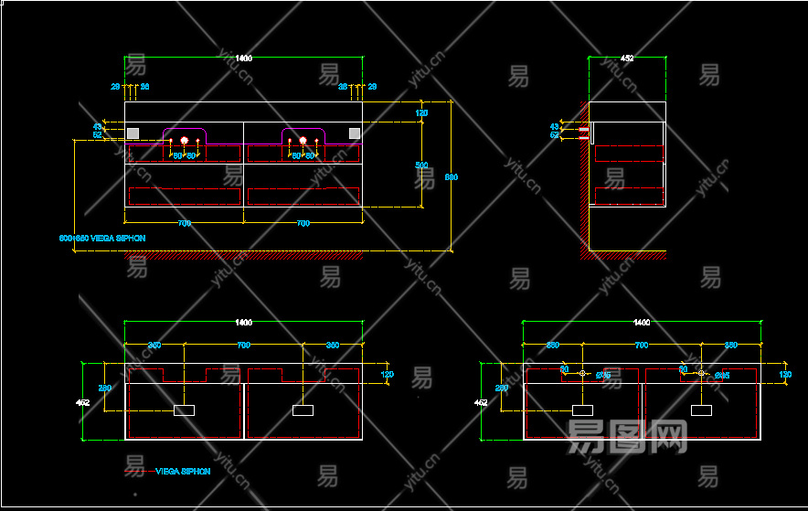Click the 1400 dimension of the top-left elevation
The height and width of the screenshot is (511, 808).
(x=243, y=59)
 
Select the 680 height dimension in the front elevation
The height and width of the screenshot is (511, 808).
(x=451, y=176)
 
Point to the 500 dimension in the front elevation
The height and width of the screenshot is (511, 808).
(x=421, y=165)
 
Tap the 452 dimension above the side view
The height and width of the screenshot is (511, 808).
(x=627, y=59)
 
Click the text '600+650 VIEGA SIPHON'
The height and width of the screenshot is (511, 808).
(x=102, y=238)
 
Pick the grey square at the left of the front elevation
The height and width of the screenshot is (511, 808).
(x=133, y=133)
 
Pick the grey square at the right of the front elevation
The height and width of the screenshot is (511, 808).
(x=355, y=133)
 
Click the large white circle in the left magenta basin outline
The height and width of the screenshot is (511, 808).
(x=185, y=141)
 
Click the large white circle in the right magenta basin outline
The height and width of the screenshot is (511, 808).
(x=303, y=141)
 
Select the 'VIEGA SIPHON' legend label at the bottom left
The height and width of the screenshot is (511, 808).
(x=183, y=472)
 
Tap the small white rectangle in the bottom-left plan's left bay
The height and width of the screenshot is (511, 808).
(x=185, y=410)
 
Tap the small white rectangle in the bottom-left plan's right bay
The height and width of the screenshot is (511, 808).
(x=303, y=410)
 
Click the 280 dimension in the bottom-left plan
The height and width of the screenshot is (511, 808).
(x=105, y=389)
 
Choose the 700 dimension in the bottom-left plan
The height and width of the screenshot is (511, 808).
(x=243, y=346)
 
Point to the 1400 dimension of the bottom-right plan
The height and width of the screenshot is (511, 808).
(x=642, y=323)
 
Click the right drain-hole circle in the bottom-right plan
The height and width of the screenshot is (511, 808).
(x=701, y=373)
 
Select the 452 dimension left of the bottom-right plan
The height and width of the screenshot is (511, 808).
(x=481, y=401)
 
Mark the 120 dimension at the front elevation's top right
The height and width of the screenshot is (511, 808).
(x=421, y=113)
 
